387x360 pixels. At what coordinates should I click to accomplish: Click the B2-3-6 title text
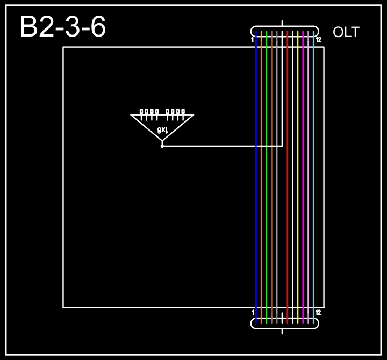point(63,26)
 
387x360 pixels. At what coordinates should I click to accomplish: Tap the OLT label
point(346,32)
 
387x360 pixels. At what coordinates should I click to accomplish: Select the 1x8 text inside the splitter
point(163,130)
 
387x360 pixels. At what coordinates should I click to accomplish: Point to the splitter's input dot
point(162,146)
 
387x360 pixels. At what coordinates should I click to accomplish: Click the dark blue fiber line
point(256,177)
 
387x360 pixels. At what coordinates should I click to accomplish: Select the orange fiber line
point(261,177)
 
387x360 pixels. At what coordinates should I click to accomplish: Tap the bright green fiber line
point(266,177)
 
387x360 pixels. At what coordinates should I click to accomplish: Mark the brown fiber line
point(272,177)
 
